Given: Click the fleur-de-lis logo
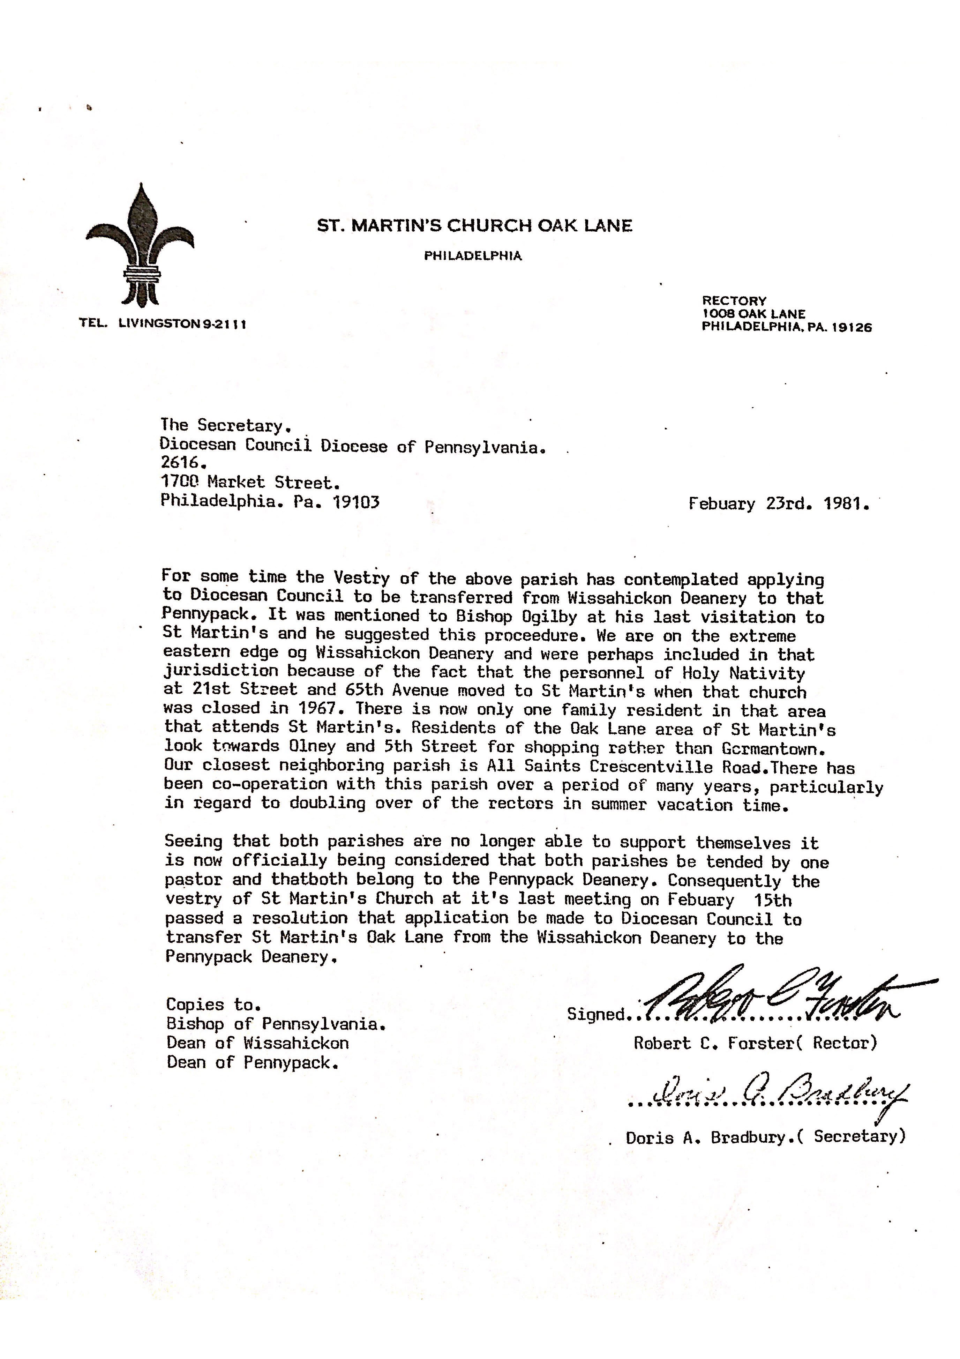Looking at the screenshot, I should pyautogui.click(x=140, y=246).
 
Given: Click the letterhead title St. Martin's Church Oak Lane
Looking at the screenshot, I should pyautogui.click(x=475, y=225).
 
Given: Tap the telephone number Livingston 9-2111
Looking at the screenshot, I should pyautogui.click(x=182, y=324).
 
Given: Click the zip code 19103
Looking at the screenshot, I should pyautogui.click(x=355, y=502).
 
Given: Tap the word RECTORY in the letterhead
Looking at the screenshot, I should pyautogui.click(x=734, y=301).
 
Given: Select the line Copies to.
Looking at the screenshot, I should pyautogui.click(x=213, y=1005).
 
